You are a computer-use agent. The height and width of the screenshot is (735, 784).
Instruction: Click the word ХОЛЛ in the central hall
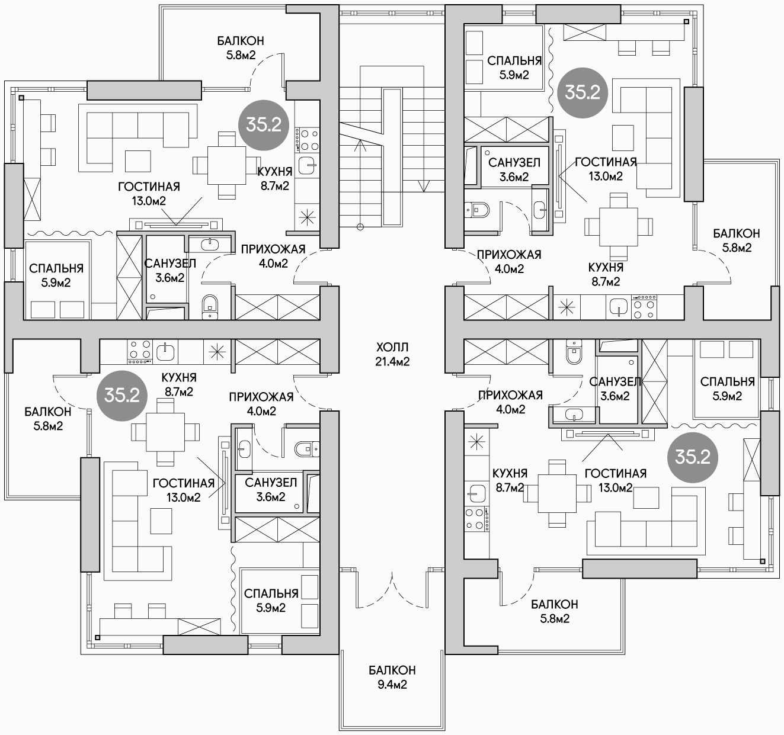pyautogui.click(x=392, y=348)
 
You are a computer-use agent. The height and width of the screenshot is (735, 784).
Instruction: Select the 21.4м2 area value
pyautogui.click(x=392, y=362)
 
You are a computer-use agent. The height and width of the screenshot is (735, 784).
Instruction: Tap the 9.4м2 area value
pyautogui.click(x=392, y=685)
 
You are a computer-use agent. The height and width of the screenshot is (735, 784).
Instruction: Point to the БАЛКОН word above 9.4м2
pyautogui.click(x=392, y=670)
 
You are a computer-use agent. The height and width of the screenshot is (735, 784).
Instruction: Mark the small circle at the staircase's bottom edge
pyautogui.click(x=360, y=227)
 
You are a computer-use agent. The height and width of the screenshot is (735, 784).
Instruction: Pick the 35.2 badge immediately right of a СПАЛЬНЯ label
pyautogui.click(x=582, y=92)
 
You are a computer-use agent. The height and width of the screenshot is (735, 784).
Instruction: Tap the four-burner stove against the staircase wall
pyautogui.click(x=307, y=140)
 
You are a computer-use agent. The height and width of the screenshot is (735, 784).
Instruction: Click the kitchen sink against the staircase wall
pyautogui.click(x=308, y=165)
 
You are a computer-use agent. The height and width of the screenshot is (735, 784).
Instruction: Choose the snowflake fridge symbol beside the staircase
pyautogui.click(x=307, y=217)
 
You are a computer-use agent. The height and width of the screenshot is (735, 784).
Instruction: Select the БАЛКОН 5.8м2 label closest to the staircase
pyautogui.click(x=241, y=48)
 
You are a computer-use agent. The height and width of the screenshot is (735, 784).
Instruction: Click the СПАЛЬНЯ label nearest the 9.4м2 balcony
pyautogui.click(x=271, y=601)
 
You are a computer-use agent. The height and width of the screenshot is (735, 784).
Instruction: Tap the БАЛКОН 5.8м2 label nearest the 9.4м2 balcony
pyautogui.click(x=554, y=611)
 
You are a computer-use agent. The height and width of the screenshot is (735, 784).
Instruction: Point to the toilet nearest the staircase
pyautogui.click(x=476, y=210)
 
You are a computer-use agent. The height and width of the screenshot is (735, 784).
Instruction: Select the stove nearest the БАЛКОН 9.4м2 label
pyautogui.click(x=476, y=519)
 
